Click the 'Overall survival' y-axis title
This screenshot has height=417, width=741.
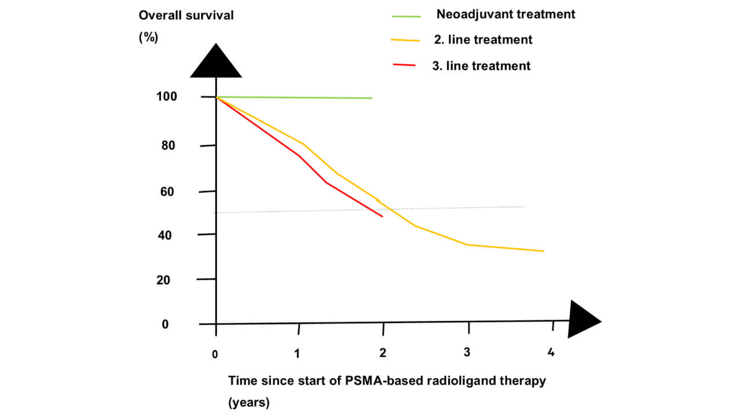[x=186, y=16]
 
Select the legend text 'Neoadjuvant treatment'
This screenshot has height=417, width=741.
[x=505, y=14]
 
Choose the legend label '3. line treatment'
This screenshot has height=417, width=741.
[x=480, y=66]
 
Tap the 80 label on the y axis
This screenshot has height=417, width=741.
[x=167, y=145]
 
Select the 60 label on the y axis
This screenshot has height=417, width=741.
[x=167, y=192]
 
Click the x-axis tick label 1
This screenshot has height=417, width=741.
[x=298, y=353]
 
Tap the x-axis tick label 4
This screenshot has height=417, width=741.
[x=551, y=352]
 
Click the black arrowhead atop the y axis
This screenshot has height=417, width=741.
[x=215, y=63]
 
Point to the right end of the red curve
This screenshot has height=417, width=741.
[x=383, y=216]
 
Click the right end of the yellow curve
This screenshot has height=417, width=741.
[x=544, y=251]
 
